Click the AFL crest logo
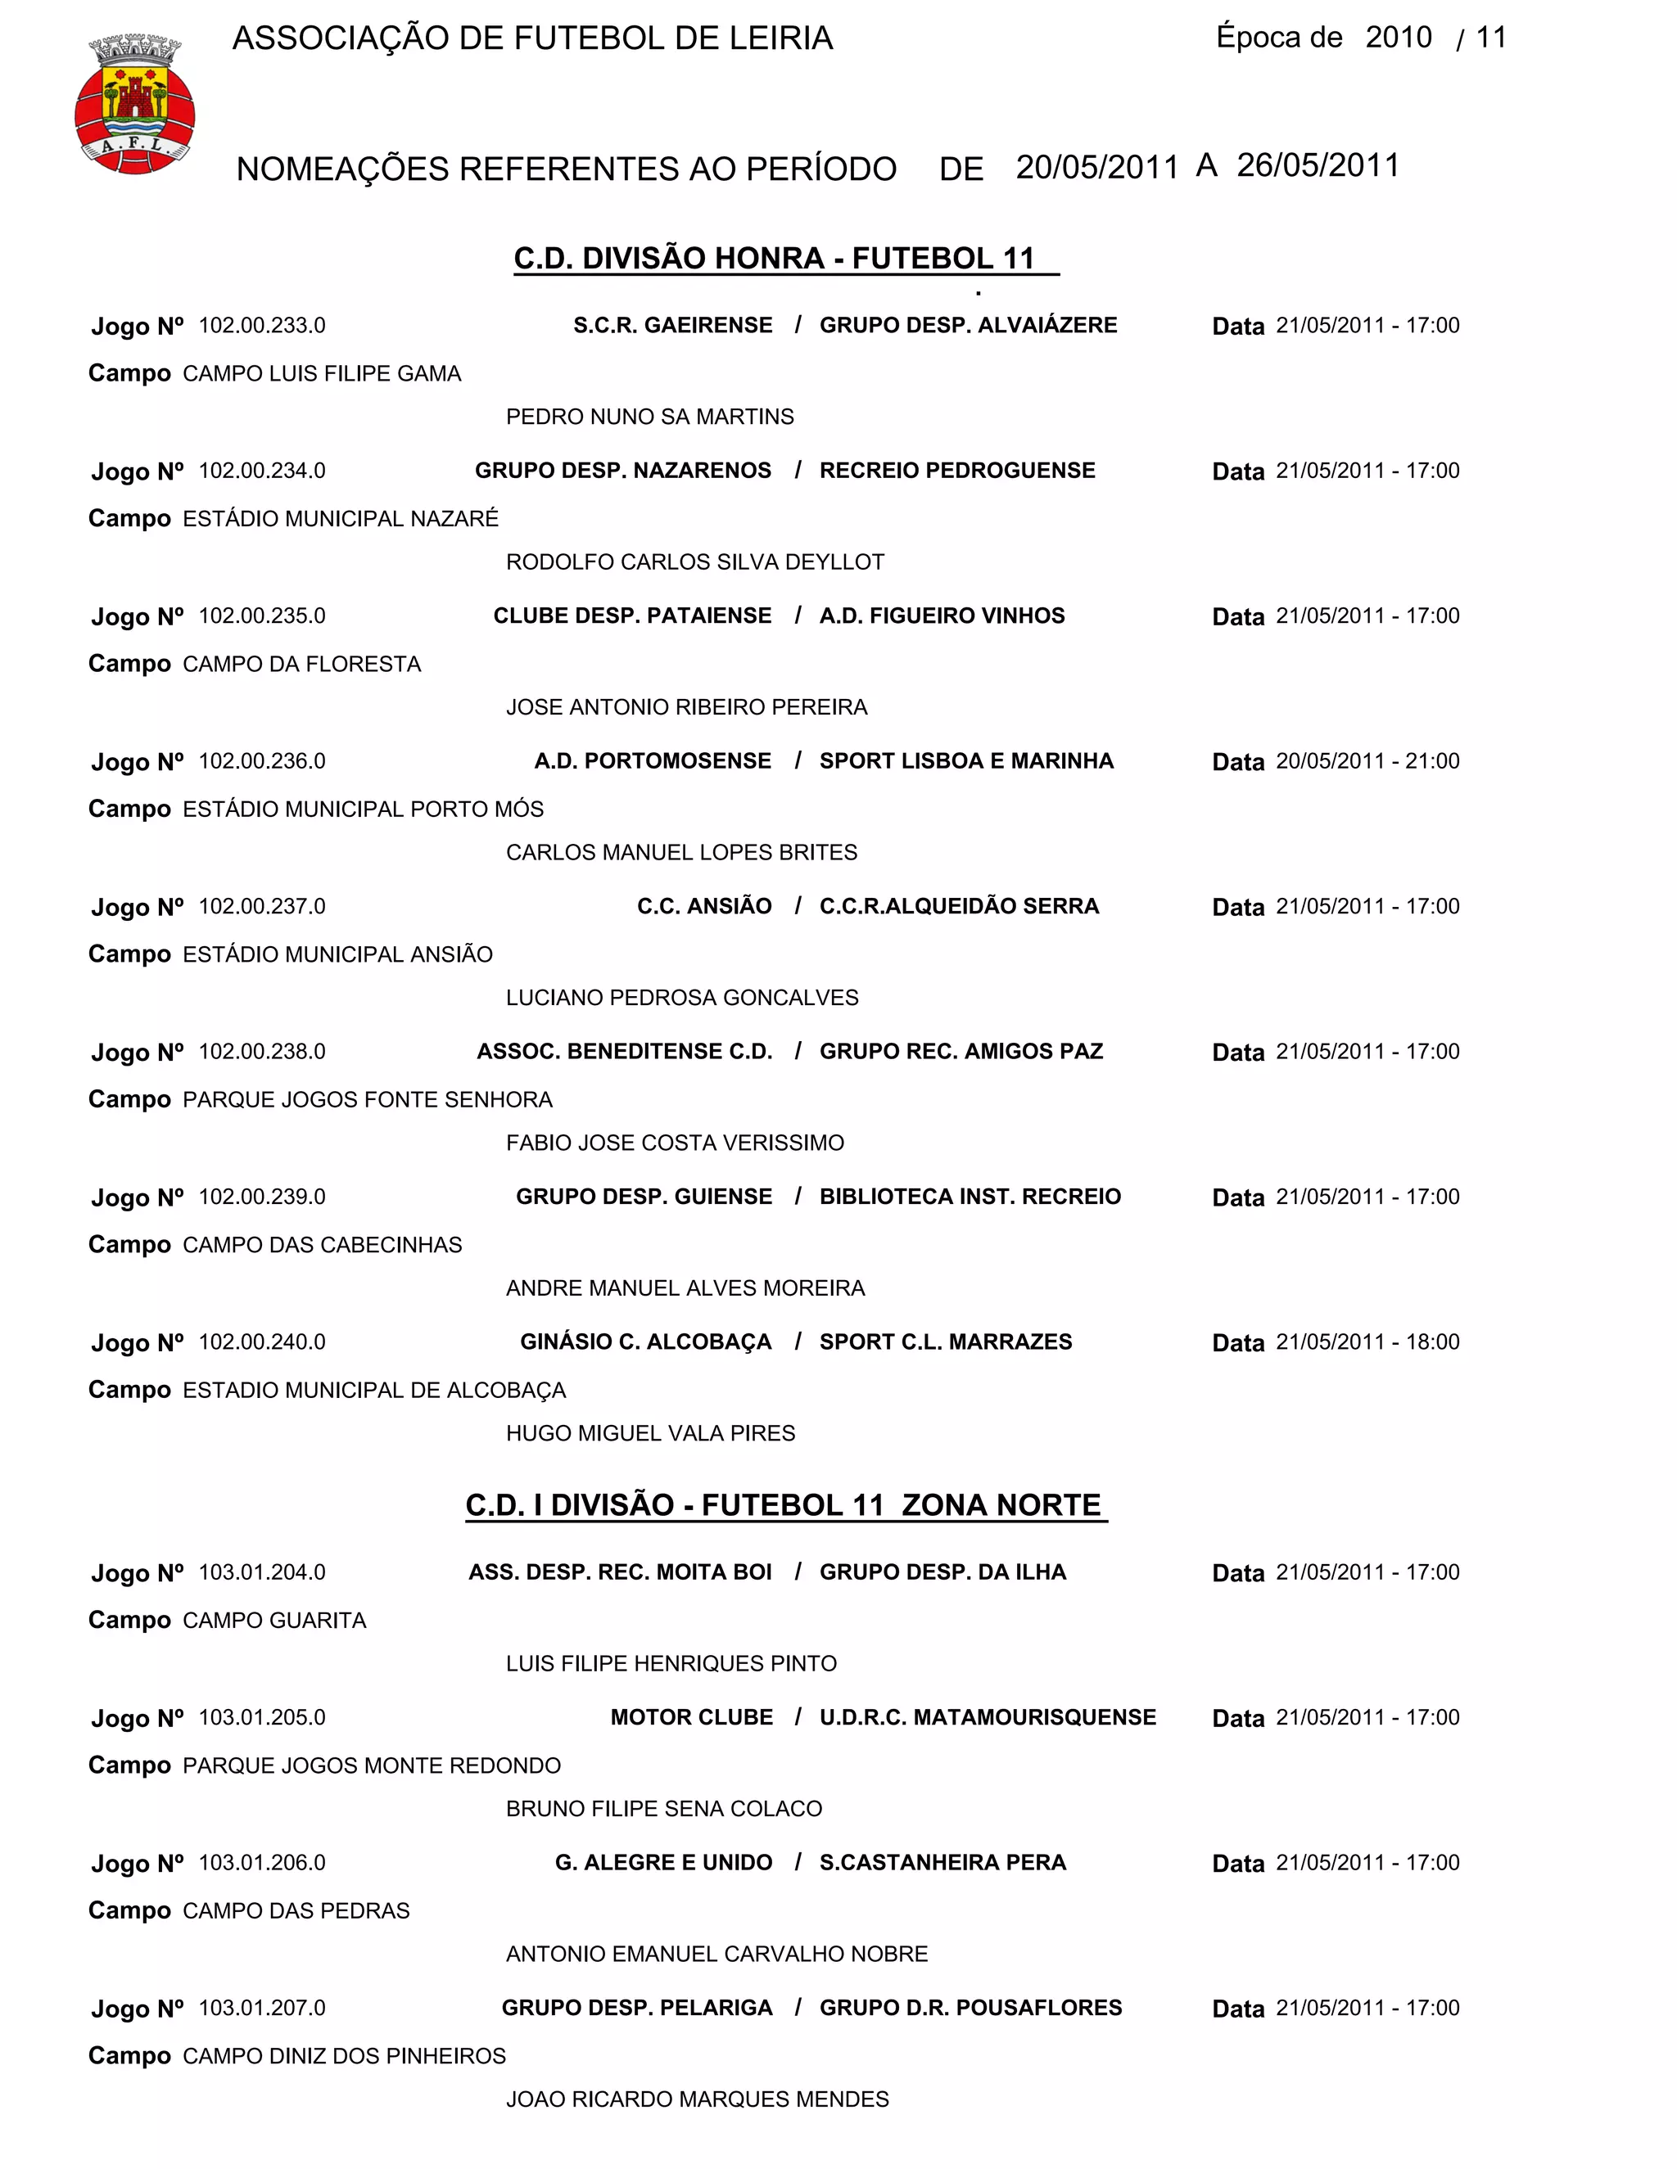[135, 104]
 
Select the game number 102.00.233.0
[262, 326]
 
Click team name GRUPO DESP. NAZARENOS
[623, 471]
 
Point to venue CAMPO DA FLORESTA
[302, 665]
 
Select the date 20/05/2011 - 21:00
[1367, 762]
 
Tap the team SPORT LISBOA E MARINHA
[965, 762]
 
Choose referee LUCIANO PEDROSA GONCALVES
[681, 998]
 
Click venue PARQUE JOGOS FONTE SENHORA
[368, 1100]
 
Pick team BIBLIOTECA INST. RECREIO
[970, 1197]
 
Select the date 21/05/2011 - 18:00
[1367, 1342]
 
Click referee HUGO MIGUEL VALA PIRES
[651, 1434]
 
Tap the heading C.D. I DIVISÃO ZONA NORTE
[784, 1505]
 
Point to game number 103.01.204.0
[262, 1573]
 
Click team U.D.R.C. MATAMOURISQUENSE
[988, 1718]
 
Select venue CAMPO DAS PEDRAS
[296, 1912]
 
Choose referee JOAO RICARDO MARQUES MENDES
[698, 2099]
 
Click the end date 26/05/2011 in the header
[1318, 166]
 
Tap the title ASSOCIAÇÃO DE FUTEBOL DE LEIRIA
[532, 38]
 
